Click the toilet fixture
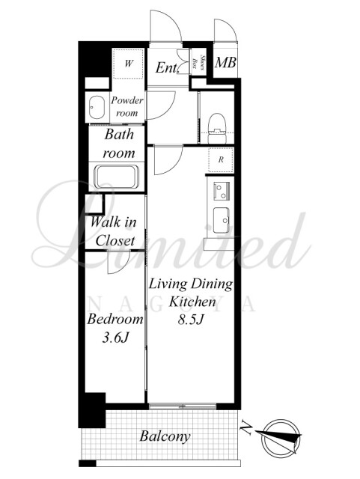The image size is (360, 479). (x=217, y=128)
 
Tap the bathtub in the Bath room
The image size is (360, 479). (x=117, y=177)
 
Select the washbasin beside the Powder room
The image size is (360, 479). (x=97, y=108)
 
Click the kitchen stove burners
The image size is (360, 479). (x=222, y=191)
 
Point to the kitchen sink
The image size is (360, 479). (x=222, y=220)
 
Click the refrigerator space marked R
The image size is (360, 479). (x=221, y=159)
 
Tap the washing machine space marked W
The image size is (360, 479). (x=128, y=64)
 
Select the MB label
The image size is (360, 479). (x=225, y=63)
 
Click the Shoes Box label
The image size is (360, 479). (x=198, y=62)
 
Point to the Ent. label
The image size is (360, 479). (x=166, y=67)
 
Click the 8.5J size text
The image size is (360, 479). (x=191, y=320)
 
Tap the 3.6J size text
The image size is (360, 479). (x=115, y=338)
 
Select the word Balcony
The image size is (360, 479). (x=165, y=436)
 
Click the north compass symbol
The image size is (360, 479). (x=280, y=436)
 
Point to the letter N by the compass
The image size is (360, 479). (x=246, y=427)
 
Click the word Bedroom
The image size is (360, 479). (x=115, y=320)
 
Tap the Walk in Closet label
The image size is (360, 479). (x=114, y=231)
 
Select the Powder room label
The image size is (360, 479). (x=126, y=106)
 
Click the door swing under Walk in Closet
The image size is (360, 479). (x=119, y=262)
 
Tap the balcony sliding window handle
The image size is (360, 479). (x=183, y=406)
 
